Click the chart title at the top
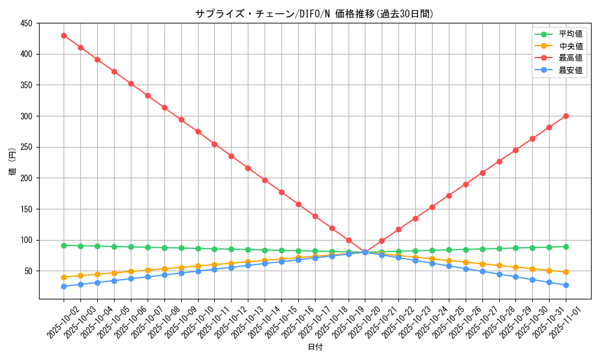(314, 14)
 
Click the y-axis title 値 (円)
(13, 163)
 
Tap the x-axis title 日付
(315, 347)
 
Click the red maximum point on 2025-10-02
(64, 35)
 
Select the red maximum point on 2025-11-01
(566, 116)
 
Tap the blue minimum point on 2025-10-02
(64, 286)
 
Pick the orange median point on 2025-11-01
(566, 272)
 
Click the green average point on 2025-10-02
(64, 245)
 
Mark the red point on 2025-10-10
(197, 131)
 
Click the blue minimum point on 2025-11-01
(566, 285)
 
